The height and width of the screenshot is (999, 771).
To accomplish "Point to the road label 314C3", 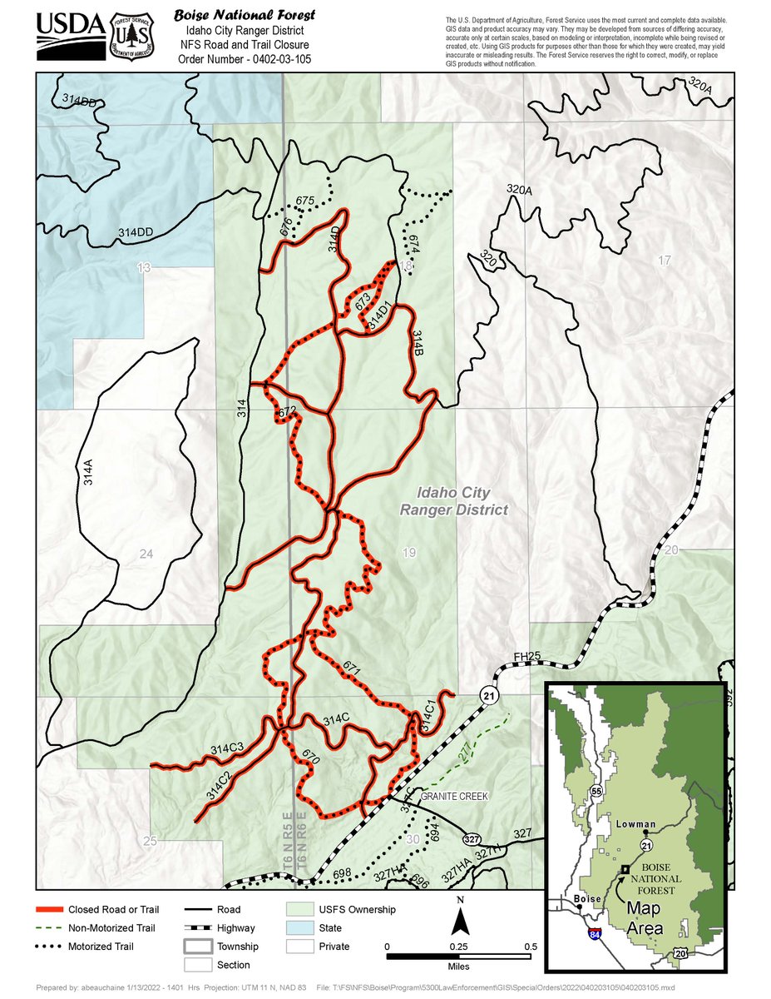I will click(x=226, y=747).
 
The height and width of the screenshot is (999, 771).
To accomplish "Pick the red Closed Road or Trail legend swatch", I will click(x=49, y=910).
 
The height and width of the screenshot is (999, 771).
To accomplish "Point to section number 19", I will click(x=408, y=552).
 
